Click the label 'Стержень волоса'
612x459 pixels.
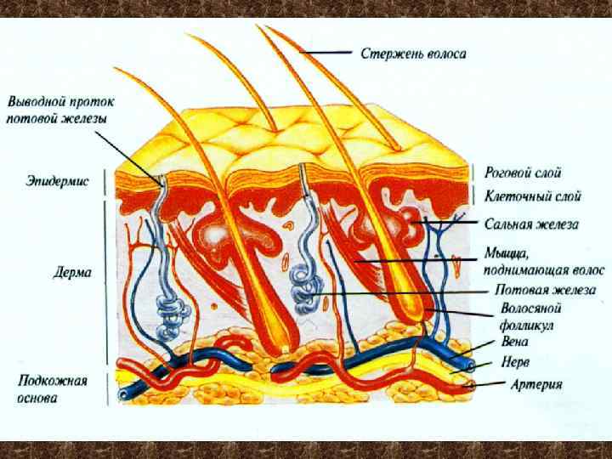(413, 54)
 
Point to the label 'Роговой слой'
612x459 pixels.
(523, 173)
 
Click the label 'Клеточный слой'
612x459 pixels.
(533, 197)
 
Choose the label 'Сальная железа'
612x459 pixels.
(531, 224)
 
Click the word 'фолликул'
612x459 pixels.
(527, 324)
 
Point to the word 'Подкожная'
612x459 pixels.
(50, 381)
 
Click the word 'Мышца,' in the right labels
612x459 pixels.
(507, 253)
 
